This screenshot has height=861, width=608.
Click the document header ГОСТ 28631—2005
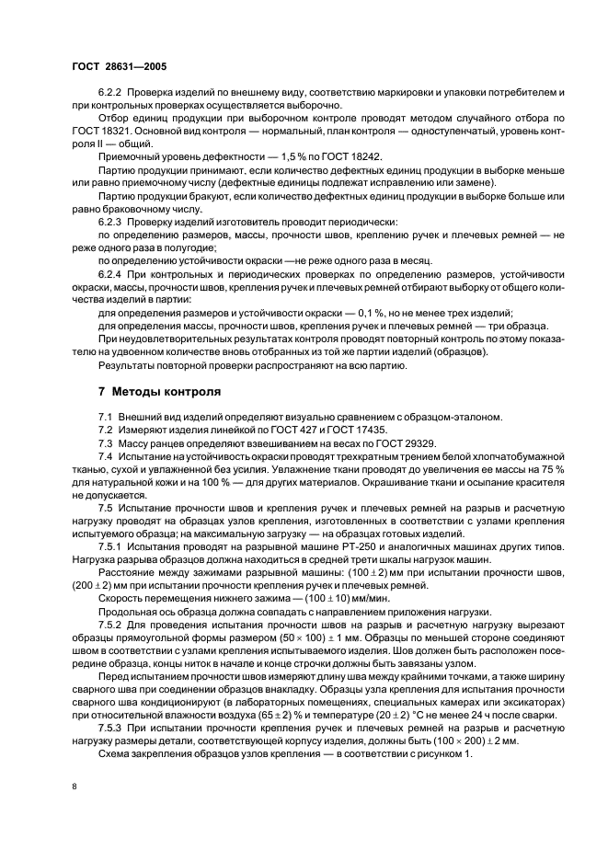pyautogui.click(x=119, y=67)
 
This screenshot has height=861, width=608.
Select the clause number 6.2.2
pyautogui.click(x=110, y=94)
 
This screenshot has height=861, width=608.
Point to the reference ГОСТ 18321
pyautogui.click(x=98, y=132)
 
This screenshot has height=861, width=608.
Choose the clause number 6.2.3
pyautogui.click(x=110, y=223)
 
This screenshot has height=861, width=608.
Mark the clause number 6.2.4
pyautogui.click(x=110, y=274)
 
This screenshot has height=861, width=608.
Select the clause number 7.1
pyautogui.click(x=105, y=417)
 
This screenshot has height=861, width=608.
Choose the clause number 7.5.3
pyautogui.click(x=110, y=728)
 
